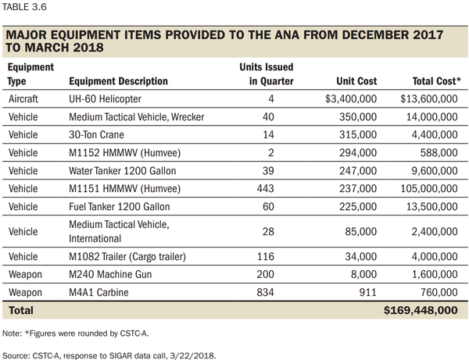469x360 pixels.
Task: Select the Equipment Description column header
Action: (118, 81)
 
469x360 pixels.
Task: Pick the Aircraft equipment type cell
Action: (25, 99)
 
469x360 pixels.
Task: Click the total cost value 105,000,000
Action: (424, 189)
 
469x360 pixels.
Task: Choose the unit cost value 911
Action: (369, 292)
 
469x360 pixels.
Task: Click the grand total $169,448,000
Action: (421, 311)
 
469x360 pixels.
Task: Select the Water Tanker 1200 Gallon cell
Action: (121, 171)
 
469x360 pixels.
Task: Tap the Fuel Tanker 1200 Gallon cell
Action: (118, 207)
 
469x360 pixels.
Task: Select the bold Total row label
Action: (22, 311)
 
